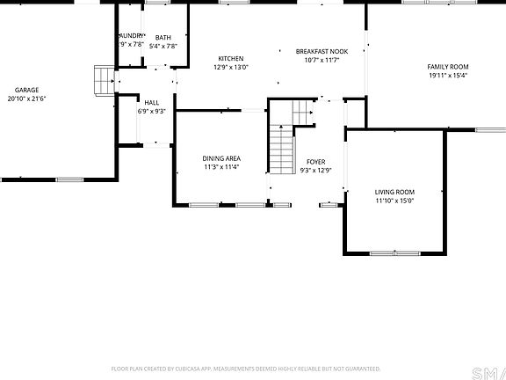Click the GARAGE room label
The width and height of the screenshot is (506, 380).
pyautogui.click(x=26, y=90)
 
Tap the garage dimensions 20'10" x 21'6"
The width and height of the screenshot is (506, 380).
pyautogui.click(x=26, y=99)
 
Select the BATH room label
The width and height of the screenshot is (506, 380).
pyautogui.click(x=163, y=36)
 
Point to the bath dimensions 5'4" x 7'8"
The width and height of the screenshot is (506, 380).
pyautogui.click(x=163, y=46)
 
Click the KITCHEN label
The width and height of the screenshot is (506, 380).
pyautogui.click(x=231, y=58)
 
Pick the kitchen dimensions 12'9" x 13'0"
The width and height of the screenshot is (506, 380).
pyautogui.click(x=231, y=68)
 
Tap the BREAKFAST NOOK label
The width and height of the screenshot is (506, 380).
pyautogui.click(x=322, y=51)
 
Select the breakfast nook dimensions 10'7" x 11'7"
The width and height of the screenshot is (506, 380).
pyautogui.click(x=322, y=61)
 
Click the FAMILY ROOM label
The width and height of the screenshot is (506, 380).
pyautogui.click(x=448, y=67)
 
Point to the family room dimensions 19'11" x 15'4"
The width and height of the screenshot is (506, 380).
pyautogui.click(x=448, y=76)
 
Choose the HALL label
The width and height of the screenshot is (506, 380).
pyautogui.click(x=152, y=102)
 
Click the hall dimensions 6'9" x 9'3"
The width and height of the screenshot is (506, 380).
pyautogui.click(x=152, y=112)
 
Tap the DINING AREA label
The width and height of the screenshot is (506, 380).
pyautogui.click(x=221, y=157)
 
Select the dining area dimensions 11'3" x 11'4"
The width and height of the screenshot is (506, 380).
pyautogui.click(x=221, y=167)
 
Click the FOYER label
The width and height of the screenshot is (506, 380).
pyautogui.click(x=315, y=162)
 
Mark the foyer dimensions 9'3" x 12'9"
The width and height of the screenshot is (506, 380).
pyautogui.click(x=315, y=172)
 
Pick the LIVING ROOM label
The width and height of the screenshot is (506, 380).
pyautogui.click(x=394, y=191)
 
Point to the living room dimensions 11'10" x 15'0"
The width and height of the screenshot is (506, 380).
pyautogui.click(x=394, y=201)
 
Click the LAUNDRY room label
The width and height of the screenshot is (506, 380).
pyautogui.click(x=130, y=35)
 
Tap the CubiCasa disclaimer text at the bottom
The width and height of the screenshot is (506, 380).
pyautogui.click(x=245, y=369)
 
